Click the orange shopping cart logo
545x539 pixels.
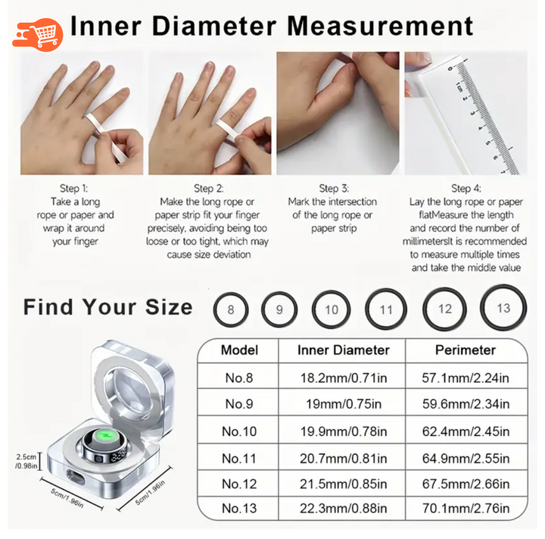[38, 34]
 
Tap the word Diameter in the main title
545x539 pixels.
[214, 26]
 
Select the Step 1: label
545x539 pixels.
[73, 188]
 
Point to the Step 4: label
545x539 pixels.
[466, 188]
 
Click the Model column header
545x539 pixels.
[239, 350]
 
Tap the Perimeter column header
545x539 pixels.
[466, 350]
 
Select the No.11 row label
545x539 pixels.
[239, 458]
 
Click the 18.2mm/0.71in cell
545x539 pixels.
[344, 378]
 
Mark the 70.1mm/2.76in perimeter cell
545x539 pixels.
[466, 509]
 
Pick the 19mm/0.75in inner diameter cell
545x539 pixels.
[344, 404]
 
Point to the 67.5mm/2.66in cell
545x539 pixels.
[466, 484]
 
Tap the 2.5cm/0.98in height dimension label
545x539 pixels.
[26, 462]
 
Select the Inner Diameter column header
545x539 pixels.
[344, 350]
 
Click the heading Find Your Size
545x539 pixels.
[107, 307]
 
